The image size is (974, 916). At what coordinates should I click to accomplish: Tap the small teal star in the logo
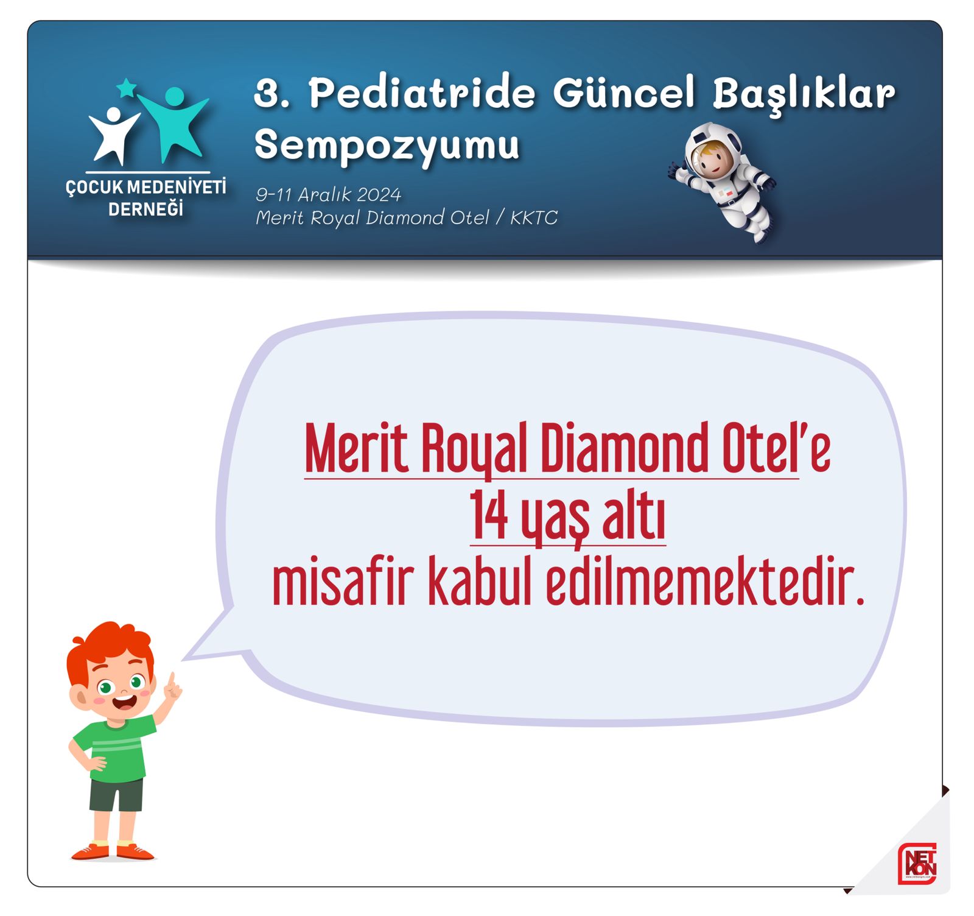(x=127, y=88)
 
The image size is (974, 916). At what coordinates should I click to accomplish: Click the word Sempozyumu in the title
(x=387, y=146)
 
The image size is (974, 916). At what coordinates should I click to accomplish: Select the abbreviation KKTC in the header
(x=534, y=217)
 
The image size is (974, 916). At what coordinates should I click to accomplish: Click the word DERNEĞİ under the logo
(x=145, y=208)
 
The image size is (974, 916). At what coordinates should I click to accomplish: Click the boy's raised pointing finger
(x=172, y=680)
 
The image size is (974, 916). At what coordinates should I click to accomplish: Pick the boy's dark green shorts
(x=116, y=794)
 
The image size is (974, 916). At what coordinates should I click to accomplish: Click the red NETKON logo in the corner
(x=917, y=864)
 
